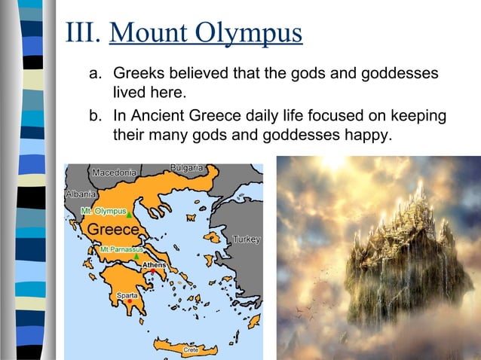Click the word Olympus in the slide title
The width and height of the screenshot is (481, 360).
pos(249,33)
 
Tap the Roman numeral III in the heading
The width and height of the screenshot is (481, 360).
pos(84,33)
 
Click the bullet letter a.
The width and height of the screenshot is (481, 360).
pos(95,75)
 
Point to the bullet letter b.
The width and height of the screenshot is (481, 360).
pos(95,117)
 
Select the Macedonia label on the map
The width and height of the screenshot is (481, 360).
pos(114,173)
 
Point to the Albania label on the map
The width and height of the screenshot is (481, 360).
pos(81,194)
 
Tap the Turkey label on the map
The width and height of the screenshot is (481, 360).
pos(247,239)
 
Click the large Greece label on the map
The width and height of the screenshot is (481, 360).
pos(113,229)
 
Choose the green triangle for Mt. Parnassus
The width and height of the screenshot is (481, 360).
pos(136,257)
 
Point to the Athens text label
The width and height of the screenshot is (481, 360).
pos(155,265)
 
